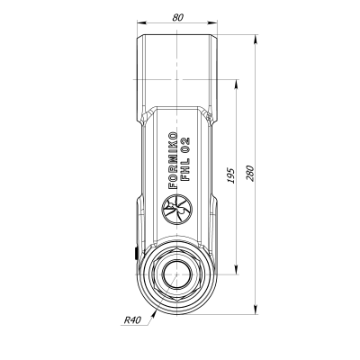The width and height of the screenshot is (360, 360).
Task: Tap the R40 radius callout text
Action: tap(133, 319)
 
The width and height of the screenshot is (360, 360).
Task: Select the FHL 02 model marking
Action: tap(185, 159)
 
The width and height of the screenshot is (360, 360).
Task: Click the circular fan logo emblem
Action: tap(175, 212)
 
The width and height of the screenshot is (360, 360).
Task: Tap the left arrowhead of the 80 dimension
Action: tap(142, 23)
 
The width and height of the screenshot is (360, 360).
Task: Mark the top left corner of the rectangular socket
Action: tap(139, 35)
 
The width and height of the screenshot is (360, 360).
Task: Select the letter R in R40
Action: tap(125, 319)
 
